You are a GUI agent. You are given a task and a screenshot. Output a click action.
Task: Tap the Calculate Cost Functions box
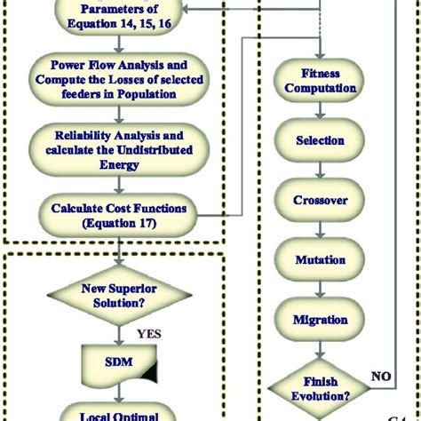118,213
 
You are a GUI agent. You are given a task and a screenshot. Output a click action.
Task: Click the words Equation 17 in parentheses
118,221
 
